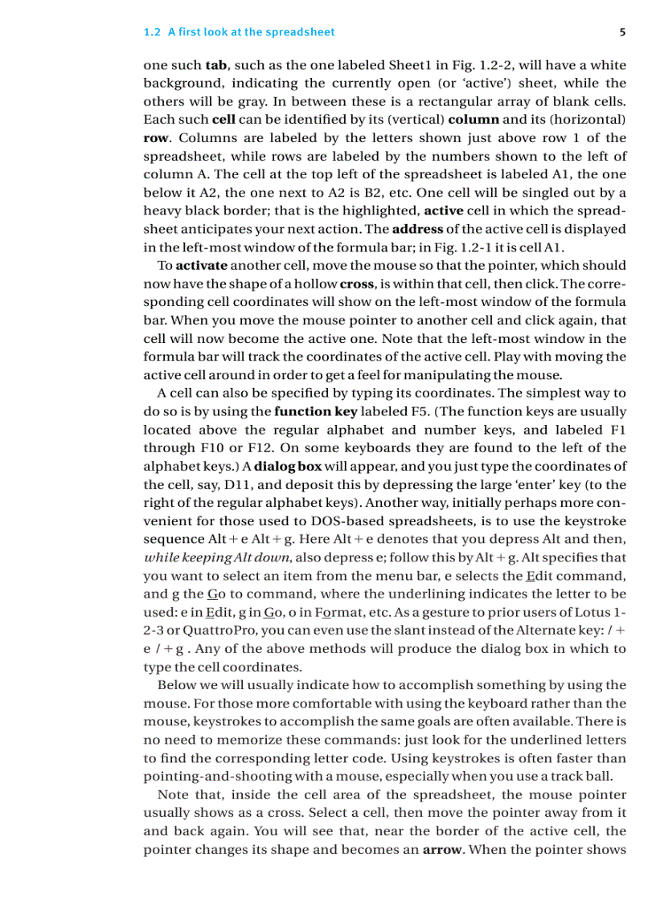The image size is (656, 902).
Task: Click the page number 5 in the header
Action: click(623, 32)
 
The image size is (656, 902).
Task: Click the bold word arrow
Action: click(441, 849)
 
